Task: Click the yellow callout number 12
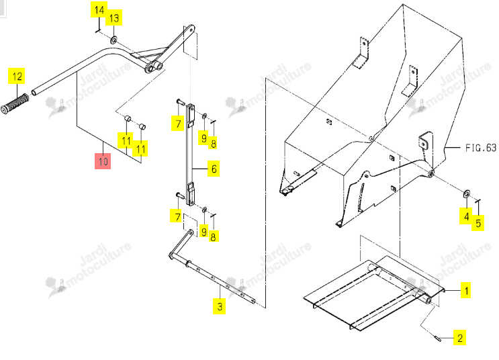(17, 76)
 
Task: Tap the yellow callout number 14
(99, 9)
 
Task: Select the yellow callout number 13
(114, 18)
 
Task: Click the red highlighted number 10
(103, 161)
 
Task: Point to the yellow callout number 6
(214, 169)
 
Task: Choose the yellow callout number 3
(220, 306)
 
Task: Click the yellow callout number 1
(466, 290)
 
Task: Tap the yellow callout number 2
(460, 337)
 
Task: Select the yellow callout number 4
(466, 216)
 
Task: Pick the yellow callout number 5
(478, 223)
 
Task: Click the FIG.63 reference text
(481, 148)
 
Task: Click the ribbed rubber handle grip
(15, 103)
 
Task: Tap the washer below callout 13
(114, 40)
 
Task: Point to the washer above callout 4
(467, 193)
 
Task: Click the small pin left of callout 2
(437, 337)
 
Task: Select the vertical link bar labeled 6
(190, 154)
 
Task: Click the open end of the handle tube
(34, 93)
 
